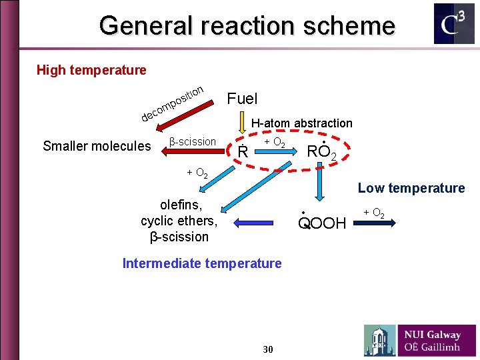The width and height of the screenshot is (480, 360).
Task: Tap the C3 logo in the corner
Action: (454, 24)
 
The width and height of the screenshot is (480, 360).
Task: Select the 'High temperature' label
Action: (91, 70)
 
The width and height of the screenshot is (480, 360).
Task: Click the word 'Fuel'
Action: (242, 99)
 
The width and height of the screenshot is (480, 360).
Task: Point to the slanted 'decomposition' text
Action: (173, 103)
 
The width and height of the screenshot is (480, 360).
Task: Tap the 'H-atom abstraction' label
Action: (301, 123)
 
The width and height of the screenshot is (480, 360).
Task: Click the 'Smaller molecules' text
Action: (97, 146)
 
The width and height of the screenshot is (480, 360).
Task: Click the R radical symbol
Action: (243, 152)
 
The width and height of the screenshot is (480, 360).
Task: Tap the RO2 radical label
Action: (325, 152)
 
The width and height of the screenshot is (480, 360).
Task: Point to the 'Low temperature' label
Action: (411, 188)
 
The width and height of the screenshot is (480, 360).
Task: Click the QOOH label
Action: (322, 223)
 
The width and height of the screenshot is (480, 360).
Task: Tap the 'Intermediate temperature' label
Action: (202, 263)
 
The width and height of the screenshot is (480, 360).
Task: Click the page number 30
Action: (268, 349)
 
